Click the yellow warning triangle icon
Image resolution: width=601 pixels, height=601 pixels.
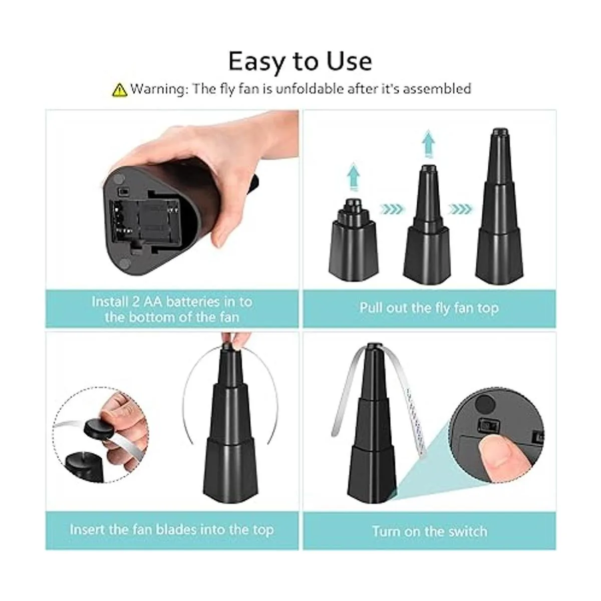[120, 90]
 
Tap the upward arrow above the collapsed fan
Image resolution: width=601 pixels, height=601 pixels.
[354, 176]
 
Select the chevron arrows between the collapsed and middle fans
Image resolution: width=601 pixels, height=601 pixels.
[392, 209]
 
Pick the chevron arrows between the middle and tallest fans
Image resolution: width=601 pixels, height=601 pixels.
[460, 209]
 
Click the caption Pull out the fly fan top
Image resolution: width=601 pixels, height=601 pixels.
[429, 308]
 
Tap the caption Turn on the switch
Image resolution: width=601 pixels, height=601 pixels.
[430, 531]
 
